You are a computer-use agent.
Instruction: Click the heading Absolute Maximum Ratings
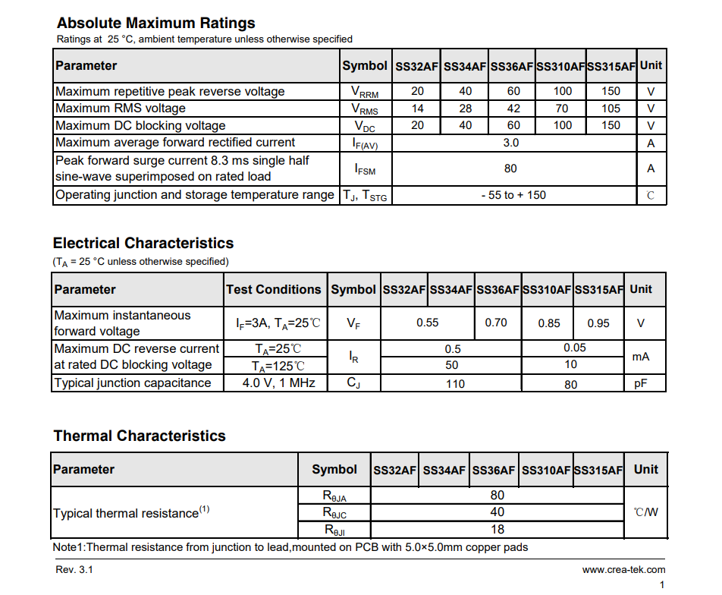click(x=155, y=23)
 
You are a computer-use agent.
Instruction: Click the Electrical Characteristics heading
click(x=143, y=243)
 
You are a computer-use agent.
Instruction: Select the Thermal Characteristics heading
click(x=140, y=436)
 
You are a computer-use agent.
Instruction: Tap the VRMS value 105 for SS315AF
click(x=611, y=109)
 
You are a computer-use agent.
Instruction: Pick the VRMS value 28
click(x=465, y=109)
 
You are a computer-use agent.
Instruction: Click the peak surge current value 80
click(x=510, y=168)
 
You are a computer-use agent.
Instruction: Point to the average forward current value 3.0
click(x=511, y=143)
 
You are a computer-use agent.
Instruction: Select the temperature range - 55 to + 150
click(x=513, y=195)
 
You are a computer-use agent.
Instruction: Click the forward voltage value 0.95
click(x=598, y=323)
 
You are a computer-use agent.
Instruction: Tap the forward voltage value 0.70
click(x=496, y=323)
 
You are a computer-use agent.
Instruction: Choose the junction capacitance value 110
click(x=455, y=384)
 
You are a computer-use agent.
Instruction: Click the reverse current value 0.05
click(x=575, y=348)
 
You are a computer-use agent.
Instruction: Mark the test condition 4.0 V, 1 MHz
click(x=278, y=382)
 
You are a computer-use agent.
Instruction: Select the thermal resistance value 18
click(x=498, y=530)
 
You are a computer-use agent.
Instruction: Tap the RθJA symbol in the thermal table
click(x=334, y=496)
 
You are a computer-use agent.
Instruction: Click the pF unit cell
click(x=641, y=383)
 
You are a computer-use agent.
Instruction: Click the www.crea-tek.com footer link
click(x=623, y=569)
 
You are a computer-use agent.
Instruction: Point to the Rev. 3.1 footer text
click(x=75, y=569)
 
